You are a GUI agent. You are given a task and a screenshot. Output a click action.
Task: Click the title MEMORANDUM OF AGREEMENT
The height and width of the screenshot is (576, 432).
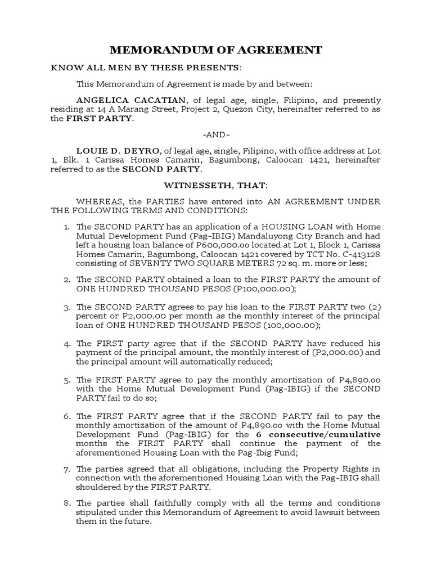coord(215,50)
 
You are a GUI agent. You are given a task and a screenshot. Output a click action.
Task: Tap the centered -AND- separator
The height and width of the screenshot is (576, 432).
coord(216,135)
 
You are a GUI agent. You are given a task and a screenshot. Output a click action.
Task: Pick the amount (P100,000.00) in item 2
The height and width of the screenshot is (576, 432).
coord(256,289)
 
